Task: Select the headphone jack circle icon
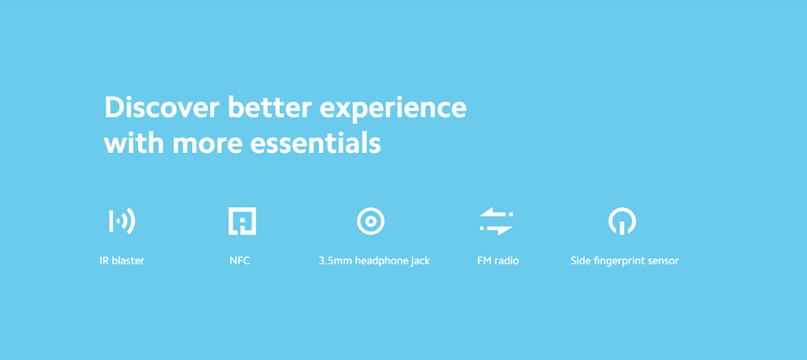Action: (x=371, y=221)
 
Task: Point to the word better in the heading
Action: (x=270, y=108)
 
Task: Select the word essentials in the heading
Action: (x=315, y=143)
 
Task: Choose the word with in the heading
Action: (x=134, y=143)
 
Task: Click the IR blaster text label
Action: (x=122, y=261)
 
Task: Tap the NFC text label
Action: (x=240, y=261)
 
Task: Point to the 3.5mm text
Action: (x=335, y=261)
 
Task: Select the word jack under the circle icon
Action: (x=420, y=262)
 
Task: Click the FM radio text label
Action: (x=498, y=261)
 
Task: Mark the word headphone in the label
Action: (x=381, y=262)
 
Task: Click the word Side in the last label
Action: (x=579, y=261)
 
